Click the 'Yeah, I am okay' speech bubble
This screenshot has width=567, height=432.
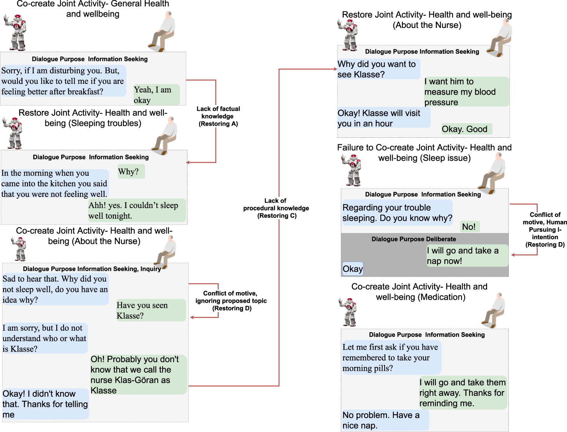pyautogui.click(x=156, y=95)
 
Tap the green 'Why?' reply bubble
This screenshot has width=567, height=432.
pyautogui.click(x=131, y=172)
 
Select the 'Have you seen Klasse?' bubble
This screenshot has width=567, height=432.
pyautogui.click(x=151, y=310)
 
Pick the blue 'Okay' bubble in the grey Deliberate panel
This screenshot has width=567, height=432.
pyautogui.click(x=353, y=269)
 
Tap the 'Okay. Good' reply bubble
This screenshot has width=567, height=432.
pyautogui.click(x=466, y=129)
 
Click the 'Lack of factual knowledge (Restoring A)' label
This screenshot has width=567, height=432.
pyautogui.click(x=218, y=116)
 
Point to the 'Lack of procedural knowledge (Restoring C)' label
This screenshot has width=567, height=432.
pyautogui.click(x=276, y=208)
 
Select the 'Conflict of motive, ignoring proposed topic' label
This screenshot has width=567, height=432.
pyautogui.click(x=231, y=301)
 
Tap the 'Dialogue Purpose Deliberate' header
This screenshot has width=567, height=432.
pyautogui.click(x=414, y=239)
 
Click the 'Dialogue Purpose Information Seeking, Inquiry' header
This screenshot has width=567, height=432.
pyautogui.click(x=92, y=269)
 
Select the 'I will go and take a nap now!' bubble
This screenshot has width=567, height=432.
pyautogui.click(x=467, y=256)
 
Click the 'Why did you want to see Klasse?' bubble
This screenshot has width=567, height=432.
pyautogui.click(x=378, y=69)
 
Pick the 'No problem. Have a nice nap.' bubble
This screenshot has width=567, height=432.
pyautogui.click(x=385, y=420)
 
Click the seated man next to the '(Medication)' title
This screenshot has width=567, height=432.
pyautogui.click(x=494, y=311)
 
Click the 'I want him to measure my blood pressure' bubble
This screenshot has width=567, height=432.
pyautogui.click(x=466, y=92)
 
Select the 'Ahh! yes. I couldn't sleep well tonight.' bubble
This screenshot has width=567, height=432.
pyautogui.click(x=137, y=210)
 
